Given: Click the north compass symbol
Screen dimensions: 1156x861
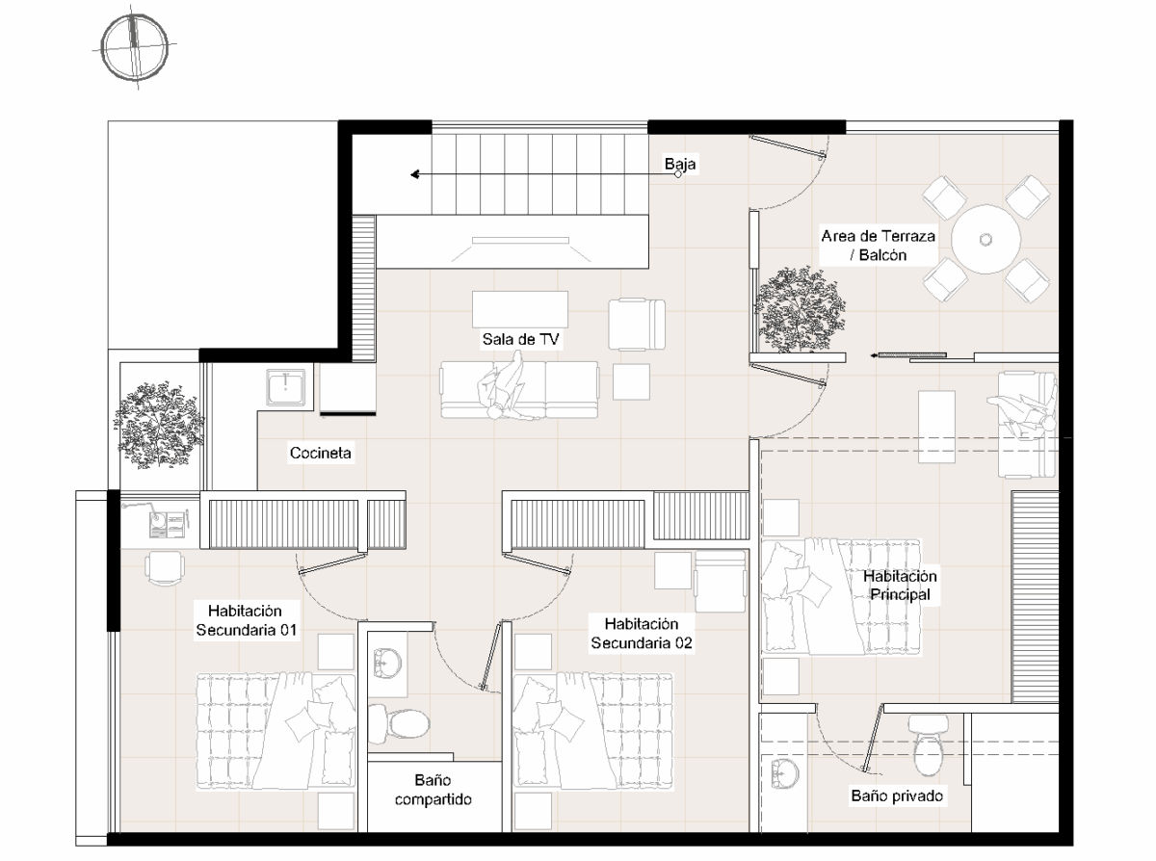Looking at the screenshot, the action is click(x=135, y=48).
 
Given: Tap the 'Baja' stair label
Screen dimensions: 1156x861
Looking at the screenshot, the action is click(x=680, y=164).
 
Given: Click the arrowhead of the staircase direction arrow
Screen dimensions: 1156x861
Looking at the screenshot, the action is click(x=415, y=174).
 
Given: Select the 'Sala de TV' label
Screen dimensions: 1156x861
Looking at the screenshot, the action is click(x=520, y=339).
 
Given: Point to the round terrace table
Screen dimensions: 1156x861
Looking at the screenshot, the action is click(x=985, y=239).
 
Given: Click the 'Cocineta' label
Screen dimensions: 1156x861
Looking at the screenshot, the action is click(x=320, y=453).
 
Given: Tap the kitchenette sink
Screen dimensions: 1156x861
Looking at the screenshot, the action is click(x=285, y=387).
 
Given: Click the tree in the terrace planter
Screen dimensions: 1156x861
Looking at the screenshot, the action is click(x=799, y=310).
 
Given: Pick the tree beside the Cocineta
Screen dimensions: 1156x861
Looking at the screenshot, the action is click(x=159, y=425).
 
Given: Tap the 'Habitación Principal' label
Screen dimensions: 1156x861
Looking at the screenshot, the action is click(x=900, y=586).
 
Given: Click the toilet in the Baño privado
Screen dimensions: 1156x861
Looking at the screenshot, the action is click(x=929, y=744).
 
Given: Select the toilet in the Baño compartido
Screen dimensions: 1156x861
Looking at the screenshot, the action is click(x=399, y=723).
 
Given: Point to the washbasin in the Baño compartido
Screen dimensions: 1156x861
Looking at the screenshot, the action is click(x=387, y=664).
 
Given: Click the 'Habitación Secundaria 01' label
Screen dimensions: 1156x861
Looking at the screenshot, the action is click(x=246, y=620).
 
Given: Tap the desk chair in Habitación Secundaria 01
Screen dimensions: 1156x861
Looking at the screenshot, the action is click(x=164, y=568).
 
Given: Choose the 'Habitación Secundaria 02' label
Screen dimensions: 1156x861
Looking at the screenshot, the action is click(x=642, y=634).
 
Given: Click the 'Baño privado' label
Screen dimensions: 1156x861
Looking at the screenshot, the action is click(x=897, y=796).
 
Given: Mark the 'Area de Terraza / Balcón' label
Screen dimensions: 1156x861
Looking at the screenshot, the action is click(x=879, y=246).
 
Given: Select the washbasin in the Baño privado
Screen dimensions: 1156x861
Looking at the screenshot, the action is click(x=785, y=773).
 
